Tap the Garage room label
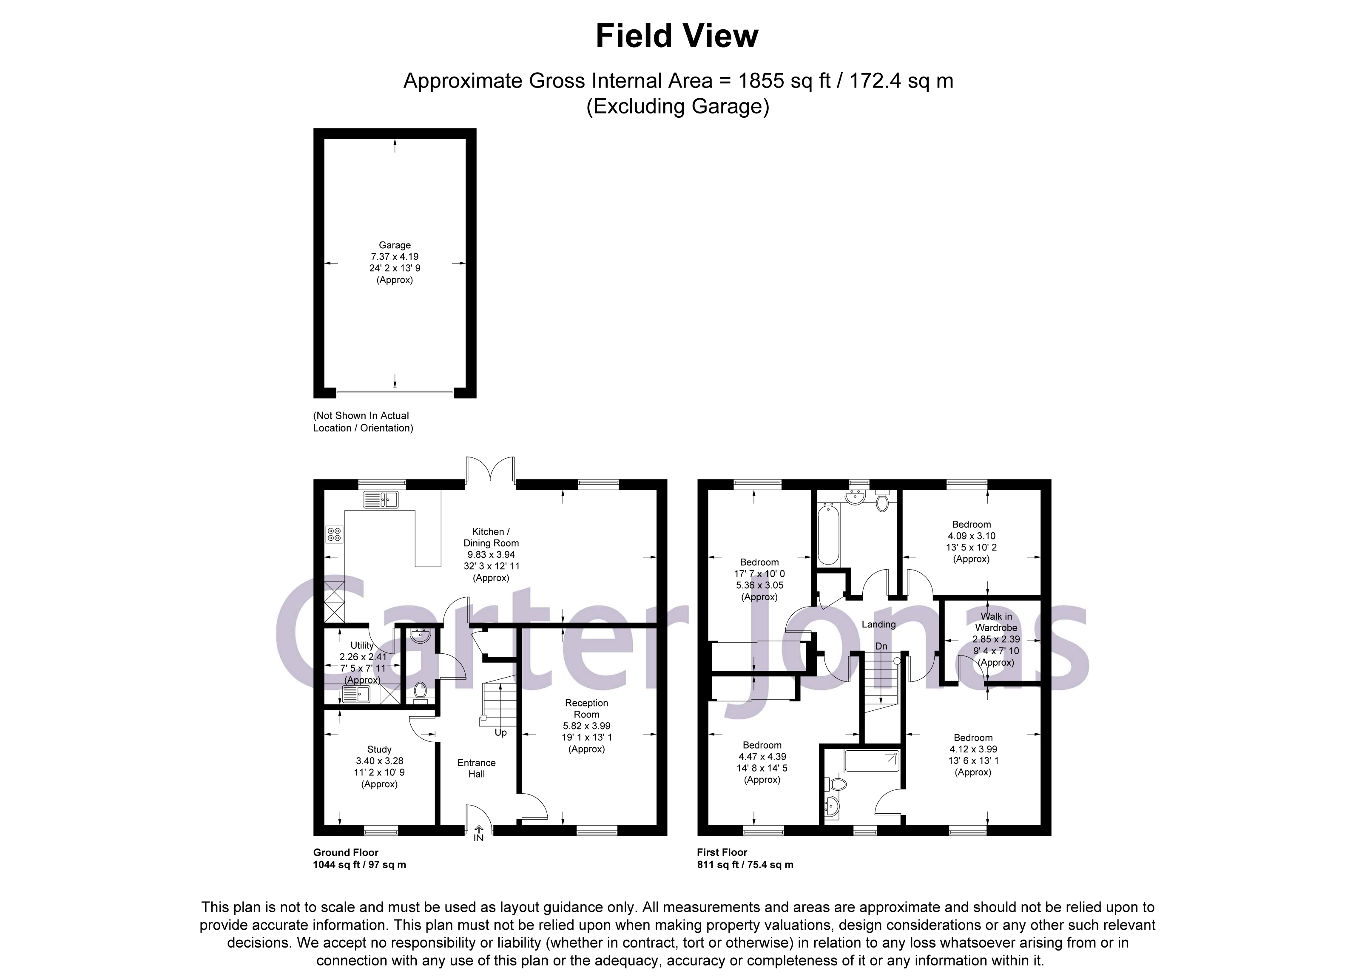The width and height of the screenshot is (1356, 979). coord(395,245)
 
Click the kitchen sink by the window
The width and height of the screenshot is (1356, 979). coord(381,499)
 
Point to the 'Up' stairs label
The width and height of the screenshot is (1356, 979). coord(500,733)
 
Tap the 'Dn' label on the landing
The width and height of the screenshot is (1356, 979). coord(881,647)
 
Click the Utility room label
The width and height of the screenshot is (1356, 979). coord(362,645)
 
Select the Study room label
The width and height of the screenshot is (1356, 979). coord(379,749)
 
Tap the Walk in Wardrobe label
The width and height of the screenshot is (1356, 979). coord(996,622)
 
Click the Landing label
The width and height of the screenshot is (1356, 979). coord(878,624)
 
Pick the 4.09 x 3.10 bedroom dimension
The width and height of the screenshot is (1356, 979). coord(972,536)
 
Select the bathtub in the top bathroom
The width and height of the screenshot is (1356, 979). coord(828,534)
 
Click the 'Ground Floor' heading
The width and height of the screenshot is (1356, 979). coord(346,852)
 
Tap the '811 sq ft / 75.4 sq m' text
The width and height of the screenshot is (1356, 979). coord(745,865)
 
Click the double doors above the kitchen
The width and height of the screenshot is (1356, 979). coord(490,470)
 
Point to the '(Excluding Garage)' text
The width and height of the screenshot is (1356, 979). coord(677,106)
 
